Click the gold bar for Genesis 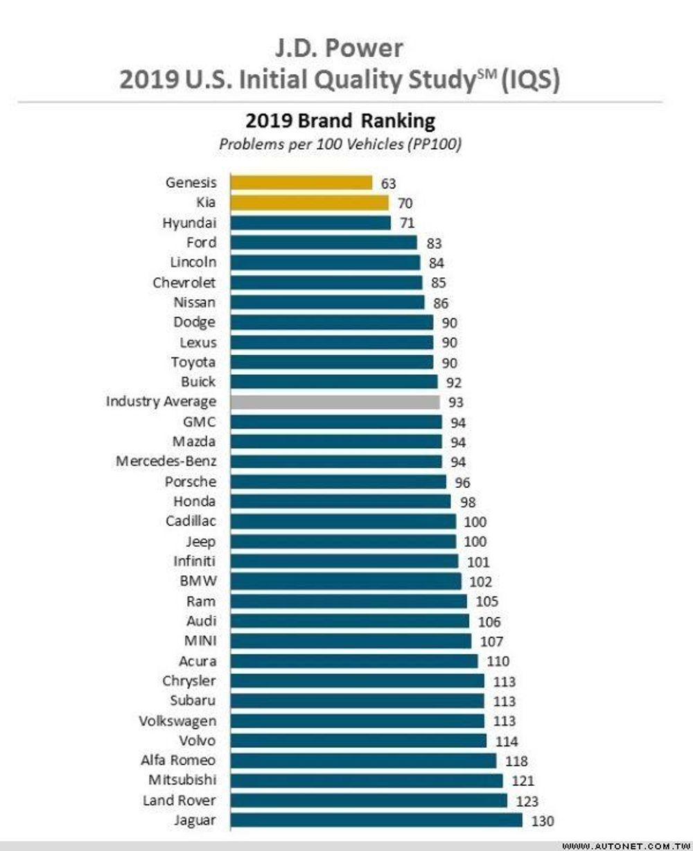tap(301, 183)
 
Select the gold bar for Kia tap(309, 203)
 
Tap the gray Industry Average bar tap(335, 402)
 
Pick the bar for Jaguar tap(376, 821)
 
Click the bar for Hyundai tap(310, 222)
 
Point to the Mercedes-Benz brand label tap(166, 462)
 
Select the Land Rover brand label tap(179, 800)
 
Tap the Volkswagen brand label tap(177, 721)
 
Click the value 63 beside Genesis tap(389, 184)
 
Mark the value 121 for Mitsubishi tap(523, 781)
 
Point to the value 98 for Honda tap(468, 502)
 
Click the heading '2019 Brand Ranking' tap(340, 121)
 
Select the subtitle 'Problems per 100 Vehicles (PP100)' tap(340, 145)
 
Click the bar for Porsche tap(338, 482)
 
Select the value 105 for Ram tap(486, 602)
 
